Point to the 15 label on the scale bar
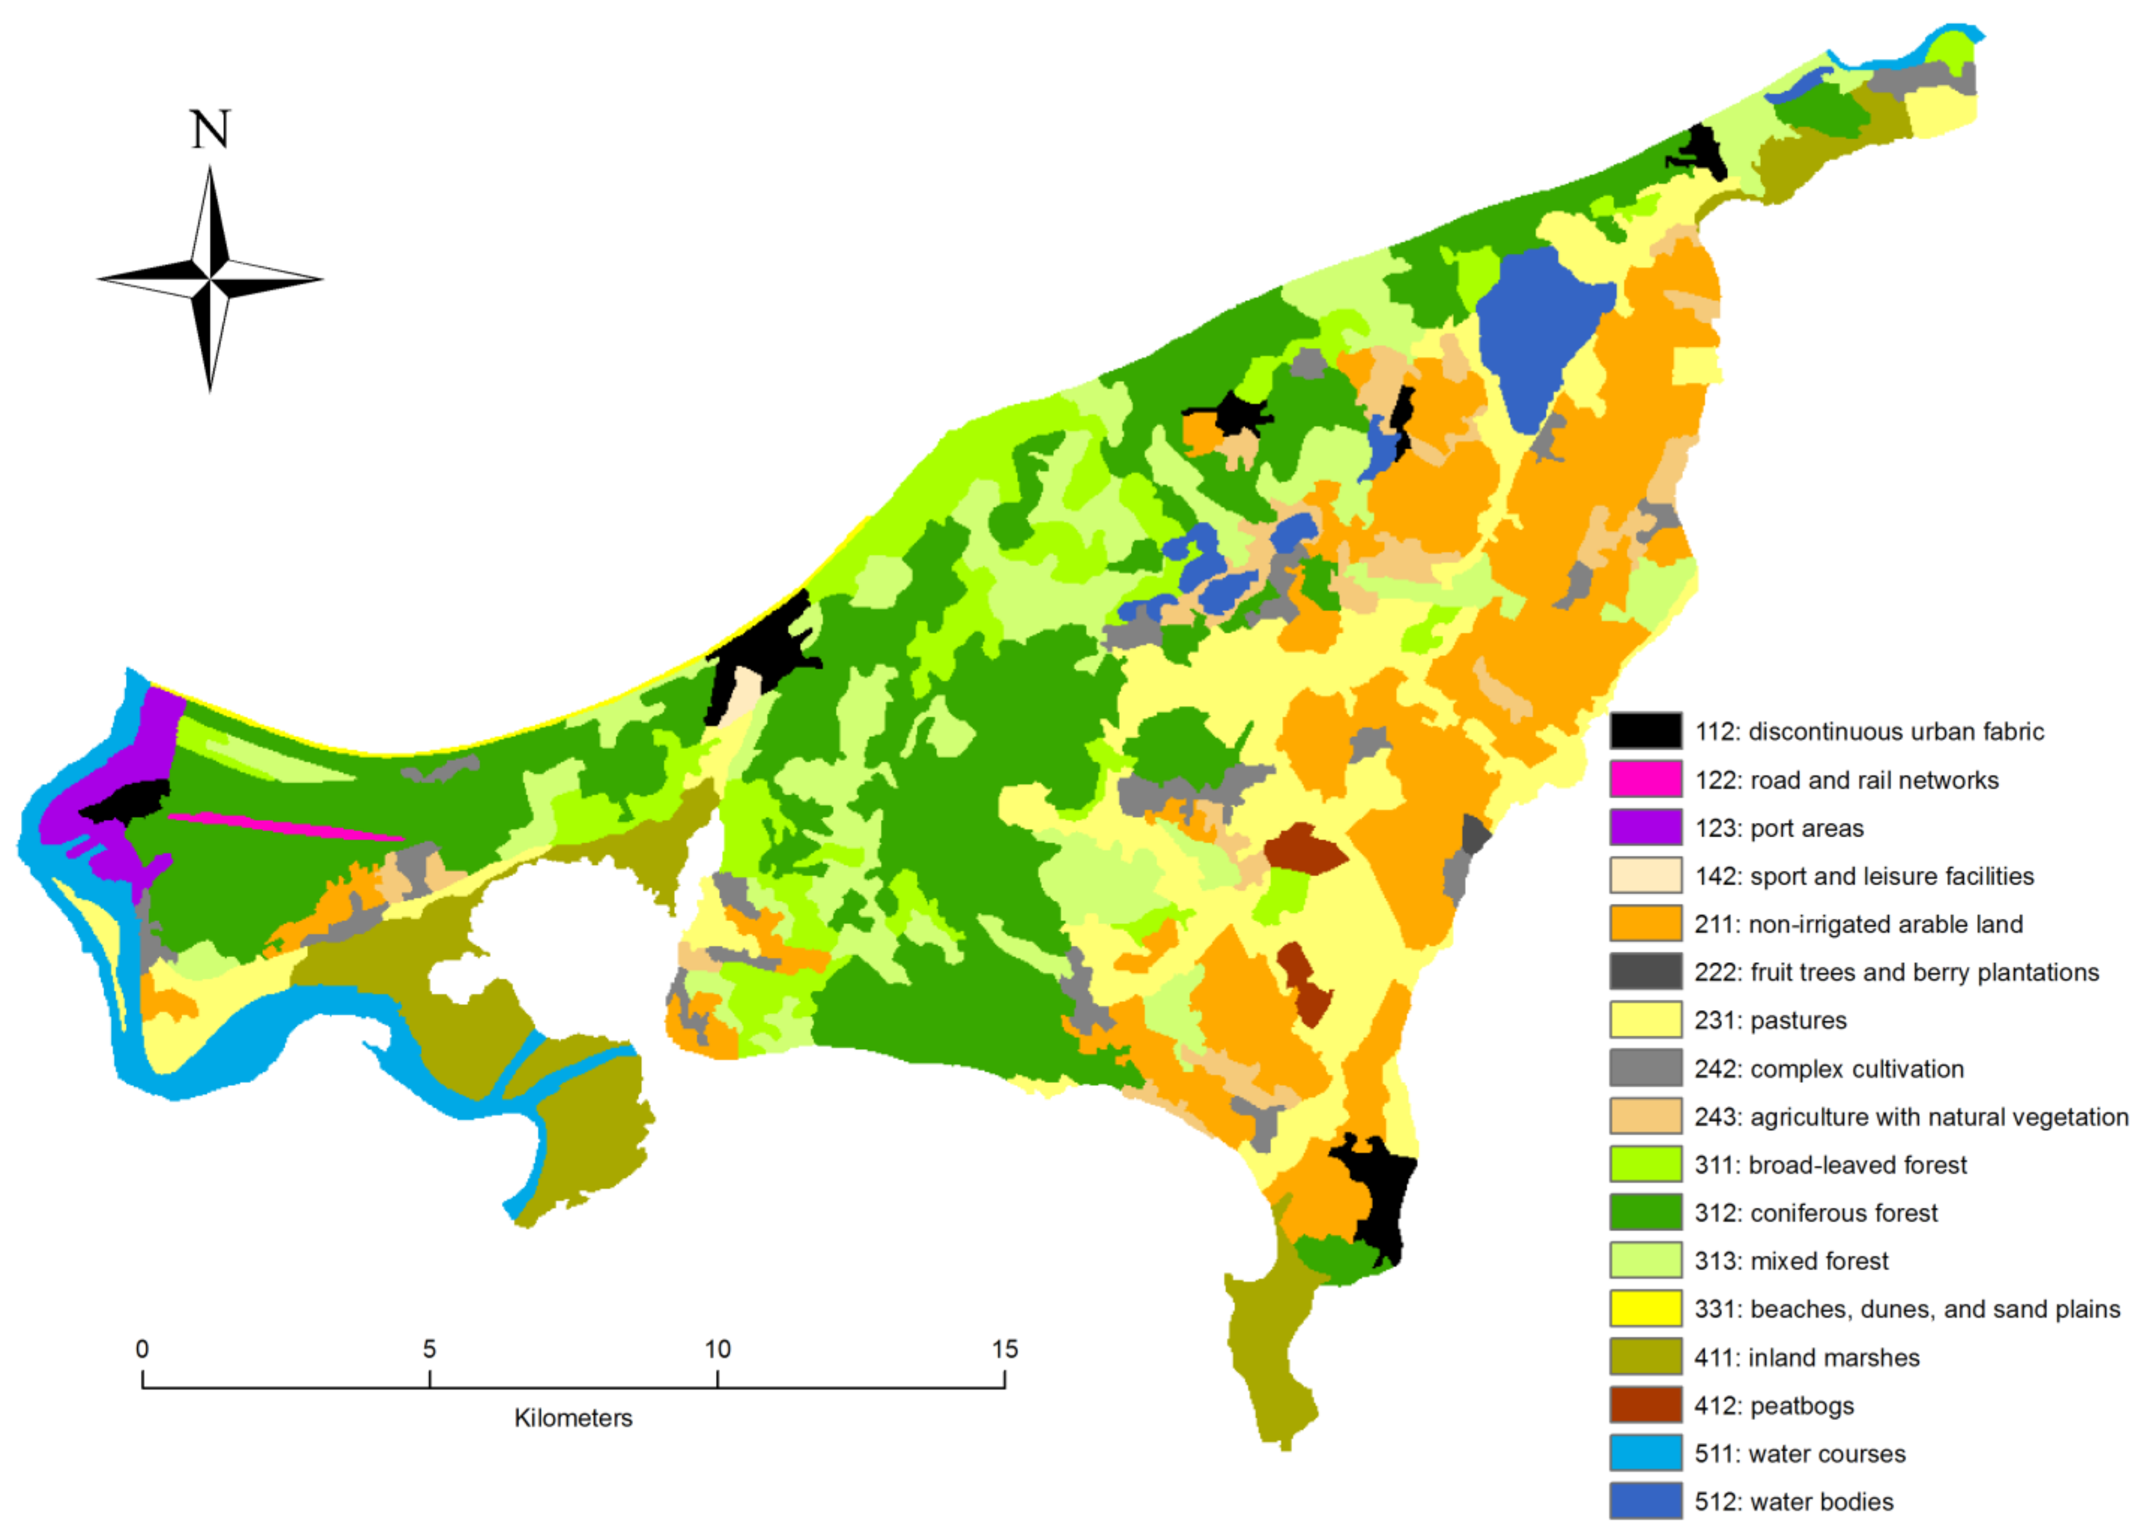pos(1004,1349)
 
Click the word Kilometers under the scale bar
pos(573,1418)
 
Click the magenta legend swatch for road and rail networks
pos(1645,779)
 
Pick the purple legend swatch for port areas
pos(1645,827)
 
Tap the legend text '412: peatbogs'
pos(1774,1406)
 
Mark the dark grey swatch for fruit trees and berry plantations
pos(1645,971)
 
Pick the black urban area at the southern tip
pos(1380,1200)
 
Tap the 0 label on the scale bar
pos(142,1349)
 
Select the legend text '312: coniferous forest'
pos(1816,1213)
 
